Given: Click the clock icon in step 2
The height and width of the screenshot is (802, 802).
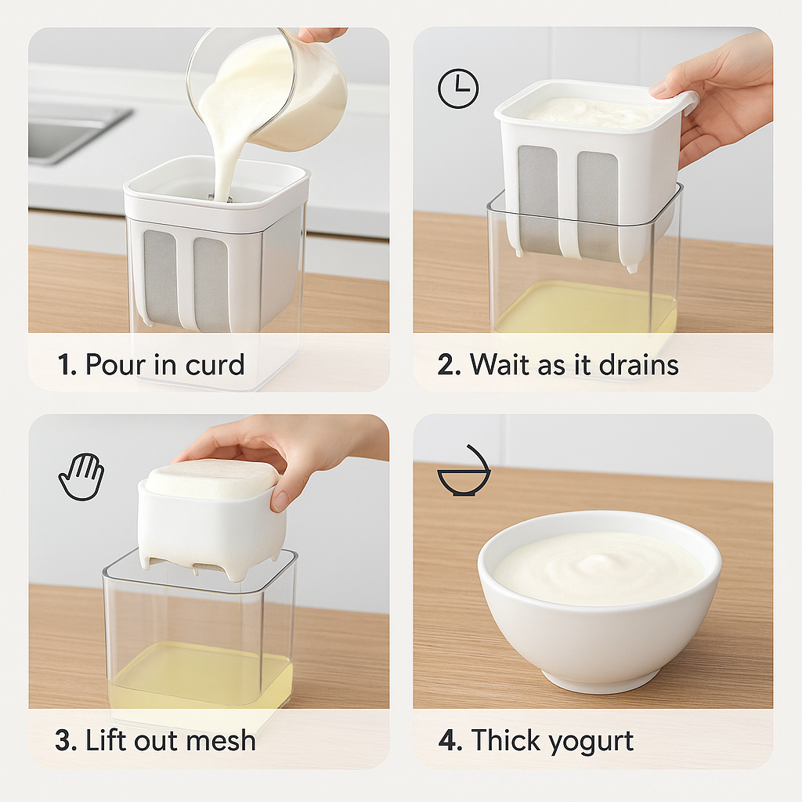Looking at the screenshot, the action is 457,88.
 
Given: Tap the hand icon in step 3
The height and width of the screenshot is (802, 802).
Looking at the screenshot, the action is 81,476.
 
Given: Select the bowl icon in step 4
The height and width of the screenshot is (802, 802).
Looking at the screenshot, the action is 464,471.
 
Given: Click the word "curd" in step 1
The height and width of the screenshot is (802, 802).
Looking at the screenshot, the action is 215,365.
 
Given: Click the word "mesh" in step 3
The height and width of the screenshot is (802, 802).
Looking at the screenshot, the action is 222,740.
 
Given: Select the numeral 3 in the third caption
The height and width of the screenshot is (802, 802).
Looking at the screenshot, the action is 64,741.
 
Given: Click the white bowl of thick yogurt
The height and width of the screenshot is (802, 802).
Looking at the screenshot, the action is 599,601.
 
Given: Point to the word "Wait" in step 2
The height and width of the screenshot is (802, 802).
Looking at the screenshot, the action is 496,365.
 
